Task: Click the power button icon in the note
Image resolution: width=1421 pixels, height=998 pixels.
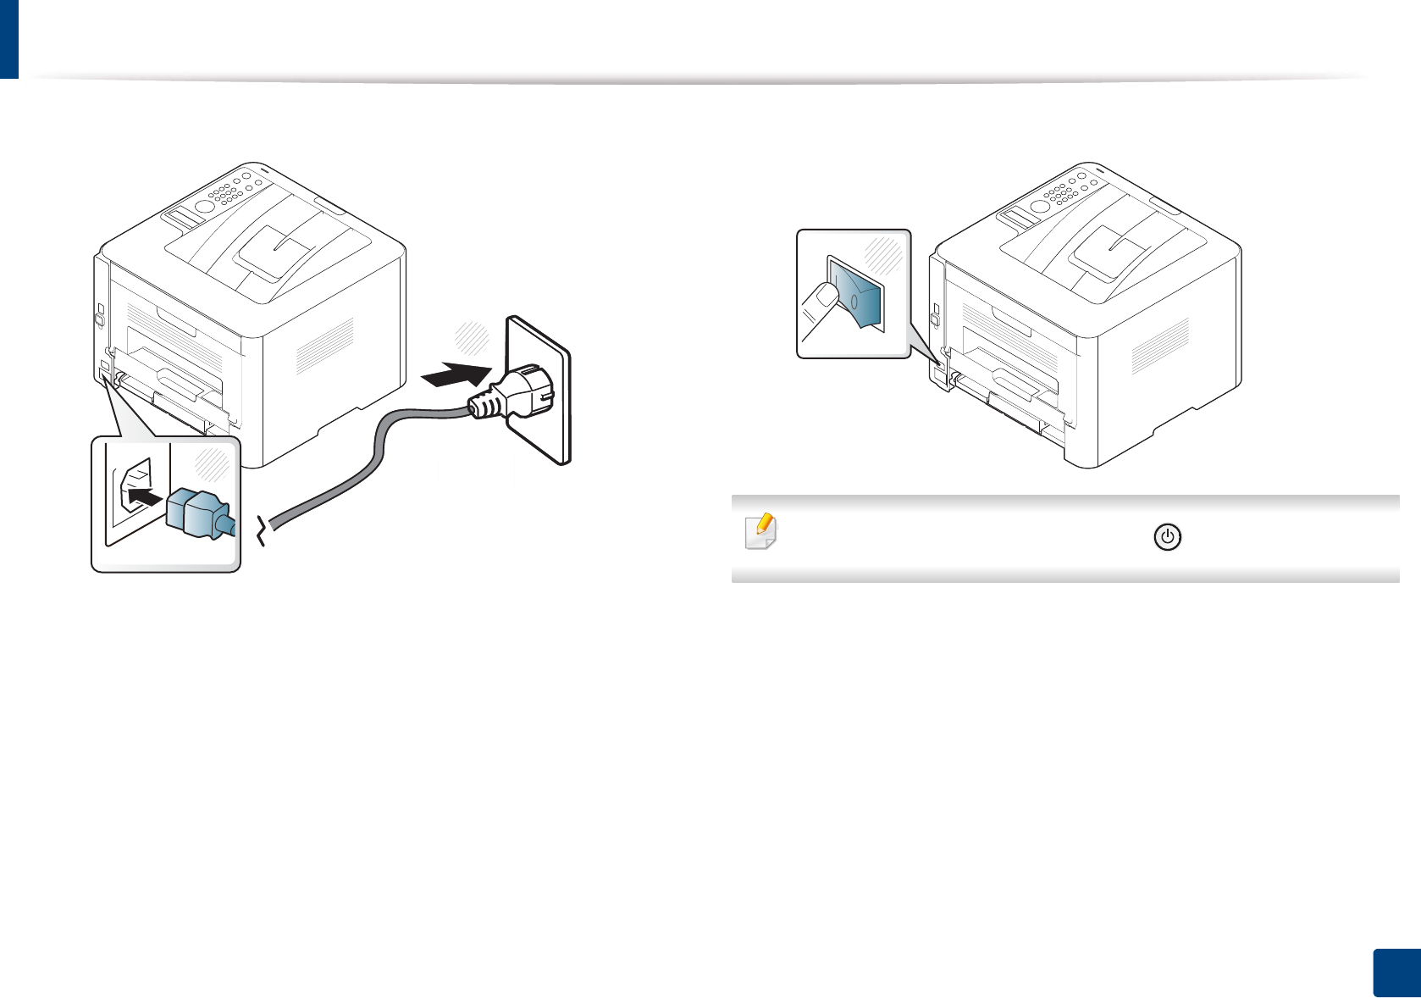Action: (x=1167, y=537)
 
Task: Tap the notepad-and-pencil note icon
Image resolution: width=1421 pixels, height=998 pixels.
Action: (x=760, y=531)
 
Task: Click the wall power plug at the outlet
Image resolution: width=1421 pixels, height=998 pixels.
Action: (x=517, y=395)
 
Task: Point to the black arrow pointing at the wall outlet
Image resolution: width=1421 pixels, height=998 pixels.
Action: (x=457, y=374)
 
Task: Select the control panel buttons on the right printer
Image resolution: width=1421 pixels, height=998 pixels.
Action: (x=1062, y=192)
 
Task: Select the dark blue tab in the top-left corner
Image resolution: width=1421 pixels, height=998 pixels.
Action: (x=8, y=38)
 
